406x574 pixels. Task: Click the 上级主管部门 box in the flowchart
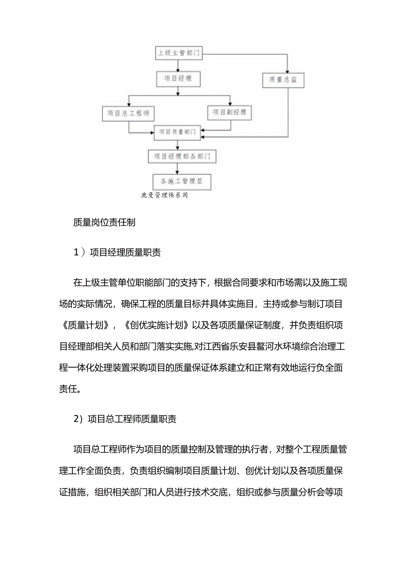point(178,54)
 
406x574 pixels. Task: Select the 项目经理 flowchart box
point(178,79)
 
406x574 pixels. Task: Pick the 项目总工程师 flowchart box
point(128,113)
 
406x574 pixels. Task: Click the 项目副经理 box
point(229,113)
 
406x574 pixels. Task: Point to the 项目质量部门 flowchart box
point(178,132)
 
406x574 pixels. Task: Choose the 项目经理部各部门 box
point(182,156)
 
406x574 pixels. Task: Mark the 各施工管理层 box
point(181,181)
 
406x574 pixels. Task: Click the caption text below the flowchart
point(164,195)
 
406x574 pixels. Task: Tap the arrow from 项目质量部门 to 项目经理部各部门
point(177,145)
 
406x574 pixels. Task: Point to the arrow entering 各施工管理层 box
point(177,169)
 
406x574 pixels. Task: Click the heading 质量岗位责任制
point(105,223)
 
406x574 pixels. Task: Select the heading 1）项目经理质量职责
point(117,253)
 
